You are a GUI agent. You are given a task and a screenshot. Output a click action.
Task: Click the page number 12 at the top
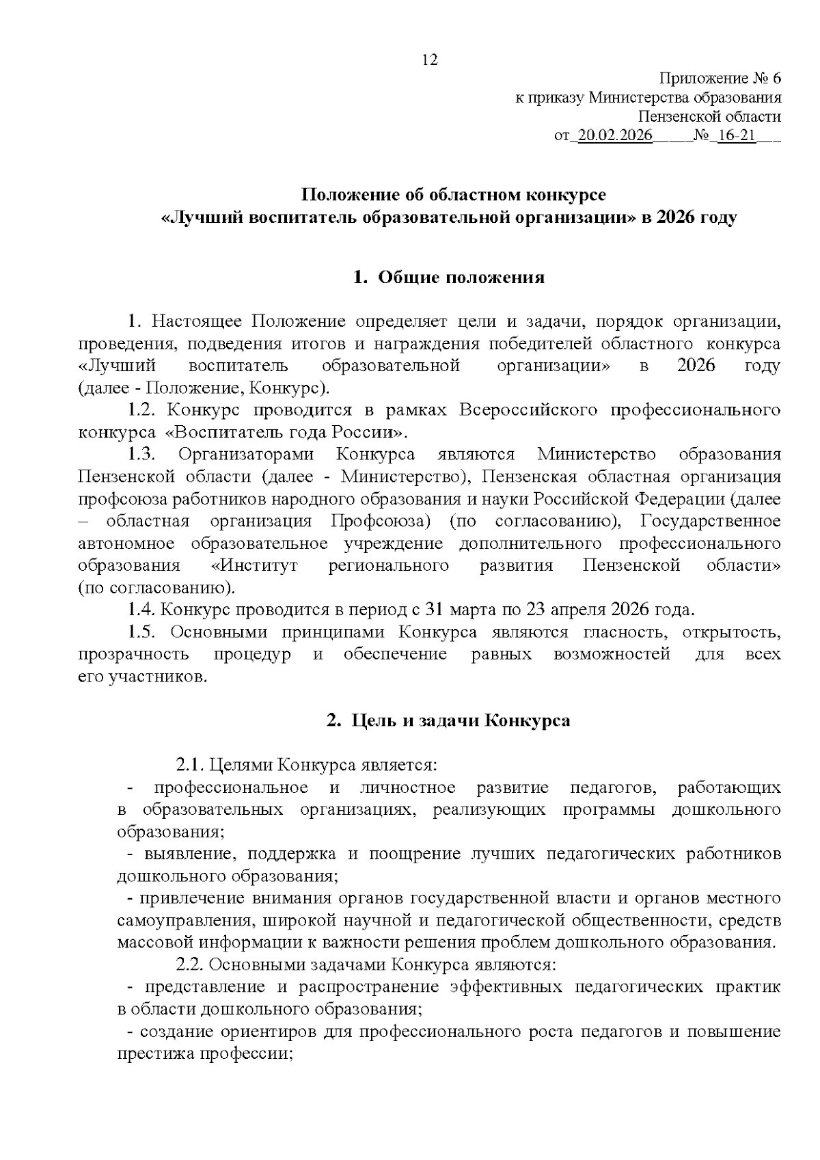pos(430,60)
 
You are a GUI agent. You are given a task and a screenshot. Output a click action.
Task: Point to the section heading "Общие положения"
pos(461,278)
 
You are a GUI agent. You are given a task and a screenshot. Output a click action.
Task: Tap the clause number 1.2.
pos(143,410)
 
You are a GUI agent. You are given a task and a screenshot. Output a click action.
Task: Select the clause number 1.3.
pos(143,455)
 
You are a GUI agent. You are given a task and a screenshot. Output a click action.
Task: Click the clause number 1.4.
pos(143,609)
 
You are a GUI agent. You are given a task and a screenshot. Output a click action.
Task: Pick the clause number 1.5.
pos(143,632)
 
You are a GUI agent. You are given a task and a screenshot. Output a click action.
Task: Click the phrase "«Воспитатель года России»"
pos(287,433)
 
